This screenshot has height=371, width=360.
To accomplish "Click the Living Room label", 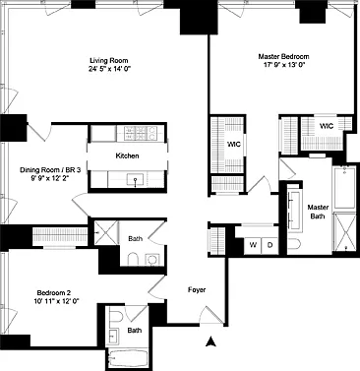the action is [x=109, y=61].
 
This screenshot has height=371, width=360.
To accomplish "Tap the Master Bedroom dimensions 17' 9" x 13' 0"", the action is [x=284, y=65].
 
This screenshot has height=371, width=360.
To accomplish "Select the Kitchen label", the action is [x=127, y=155].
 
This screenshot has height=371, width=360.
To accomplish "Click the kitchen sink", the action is [x=136, y=179].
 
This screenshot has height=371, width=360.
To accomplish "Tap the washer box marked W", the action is [x=253, y=245].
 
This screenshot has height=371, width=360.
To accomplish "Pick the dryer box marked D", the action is [x=270, y=245].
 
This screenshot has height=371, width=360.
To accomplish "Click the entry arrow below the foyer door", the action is [x=211, y=341].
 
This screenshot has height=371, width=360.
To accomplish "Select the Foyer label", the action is [x=197, y=290].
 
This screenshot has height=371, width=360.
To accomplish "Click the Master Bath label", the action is [x=318, y=212].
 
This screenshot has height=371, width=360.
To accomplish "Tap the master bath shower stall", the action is [x=344, y=232].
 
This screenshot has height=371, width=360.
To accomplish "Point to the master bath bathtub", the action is [x=344, y=187].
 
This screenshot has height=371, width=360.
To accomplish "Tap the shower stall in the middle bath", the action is [x=106, y=232].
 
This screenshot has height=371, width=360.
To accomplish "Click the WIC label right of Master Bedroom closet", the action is [x=327, y=126].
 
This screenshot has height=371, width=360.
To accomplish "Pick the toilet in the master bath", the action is [x=293, y=246].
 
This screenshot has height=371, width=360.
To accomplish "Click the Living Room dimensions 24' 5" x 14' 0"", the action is [x=109, y=69].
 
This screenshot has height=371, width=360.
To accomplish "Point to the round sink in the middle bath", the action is [x=151, y=260].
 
